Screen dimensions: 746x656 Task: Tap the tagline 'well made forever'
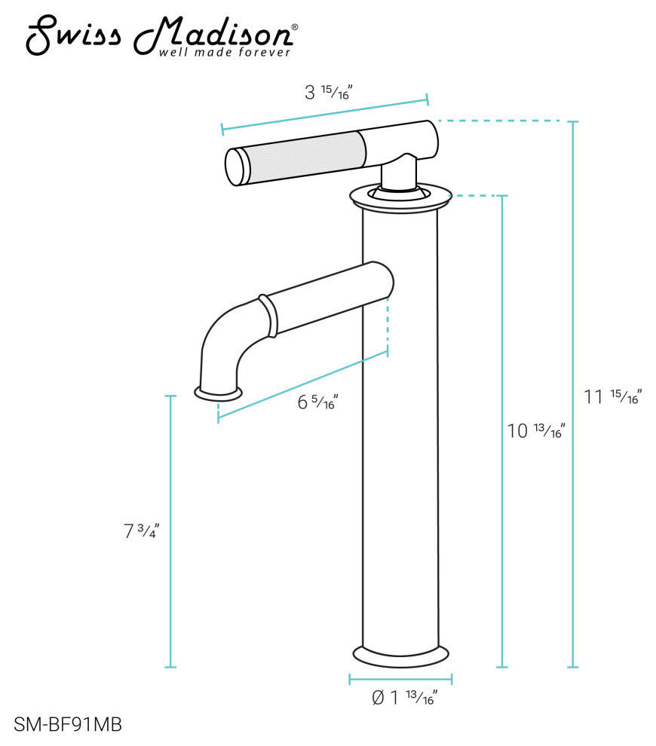point(224,53)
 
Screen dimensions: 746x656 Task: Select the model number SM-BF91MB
point(68,724)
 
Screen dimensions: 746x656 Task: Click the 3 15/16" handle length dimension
point(329,93)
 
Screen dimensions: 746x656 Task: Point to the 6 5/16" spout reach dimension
point(317,402)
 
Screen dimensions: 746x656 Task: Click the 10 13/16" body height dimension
point(536,431)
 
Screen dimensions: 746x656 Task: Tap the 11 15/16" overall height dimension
point(612,397)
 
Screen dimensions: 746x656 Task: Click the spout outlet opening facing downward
point(219,393)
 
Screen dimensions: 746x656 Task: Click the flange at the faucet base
point(400,656)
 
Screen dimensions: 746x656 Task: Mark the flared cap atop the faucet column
point(400,197)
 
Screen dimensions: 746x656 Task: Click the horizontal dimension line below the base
point(400,679)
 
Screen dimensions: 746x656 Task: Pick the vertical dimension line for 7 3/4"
point(171,531)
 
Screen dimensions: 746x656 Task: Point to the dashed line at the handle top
point(498,121)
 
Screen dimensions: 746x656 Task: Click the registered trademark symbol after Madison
point(294,27)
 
